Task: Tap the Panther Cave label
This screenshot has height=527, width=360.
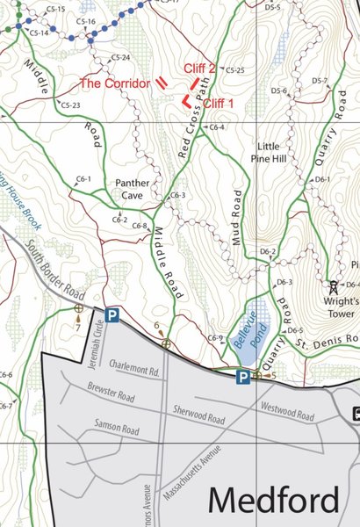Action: (133, 189)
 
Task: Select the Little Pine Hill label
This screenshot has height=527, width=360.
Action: (279, 152)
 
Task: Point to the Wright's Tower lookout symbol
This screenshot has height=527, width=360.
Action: (334, 285)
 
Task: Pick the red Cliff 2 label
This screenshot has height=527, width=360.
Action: (199, 68)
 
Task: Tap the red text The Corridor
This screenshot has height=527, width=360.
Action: (116, 83)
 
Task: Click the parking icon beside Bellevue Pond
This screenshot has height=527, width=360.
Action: (241, 377)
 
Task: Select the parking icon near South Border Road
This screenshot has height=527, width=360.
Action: (112, 314)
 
